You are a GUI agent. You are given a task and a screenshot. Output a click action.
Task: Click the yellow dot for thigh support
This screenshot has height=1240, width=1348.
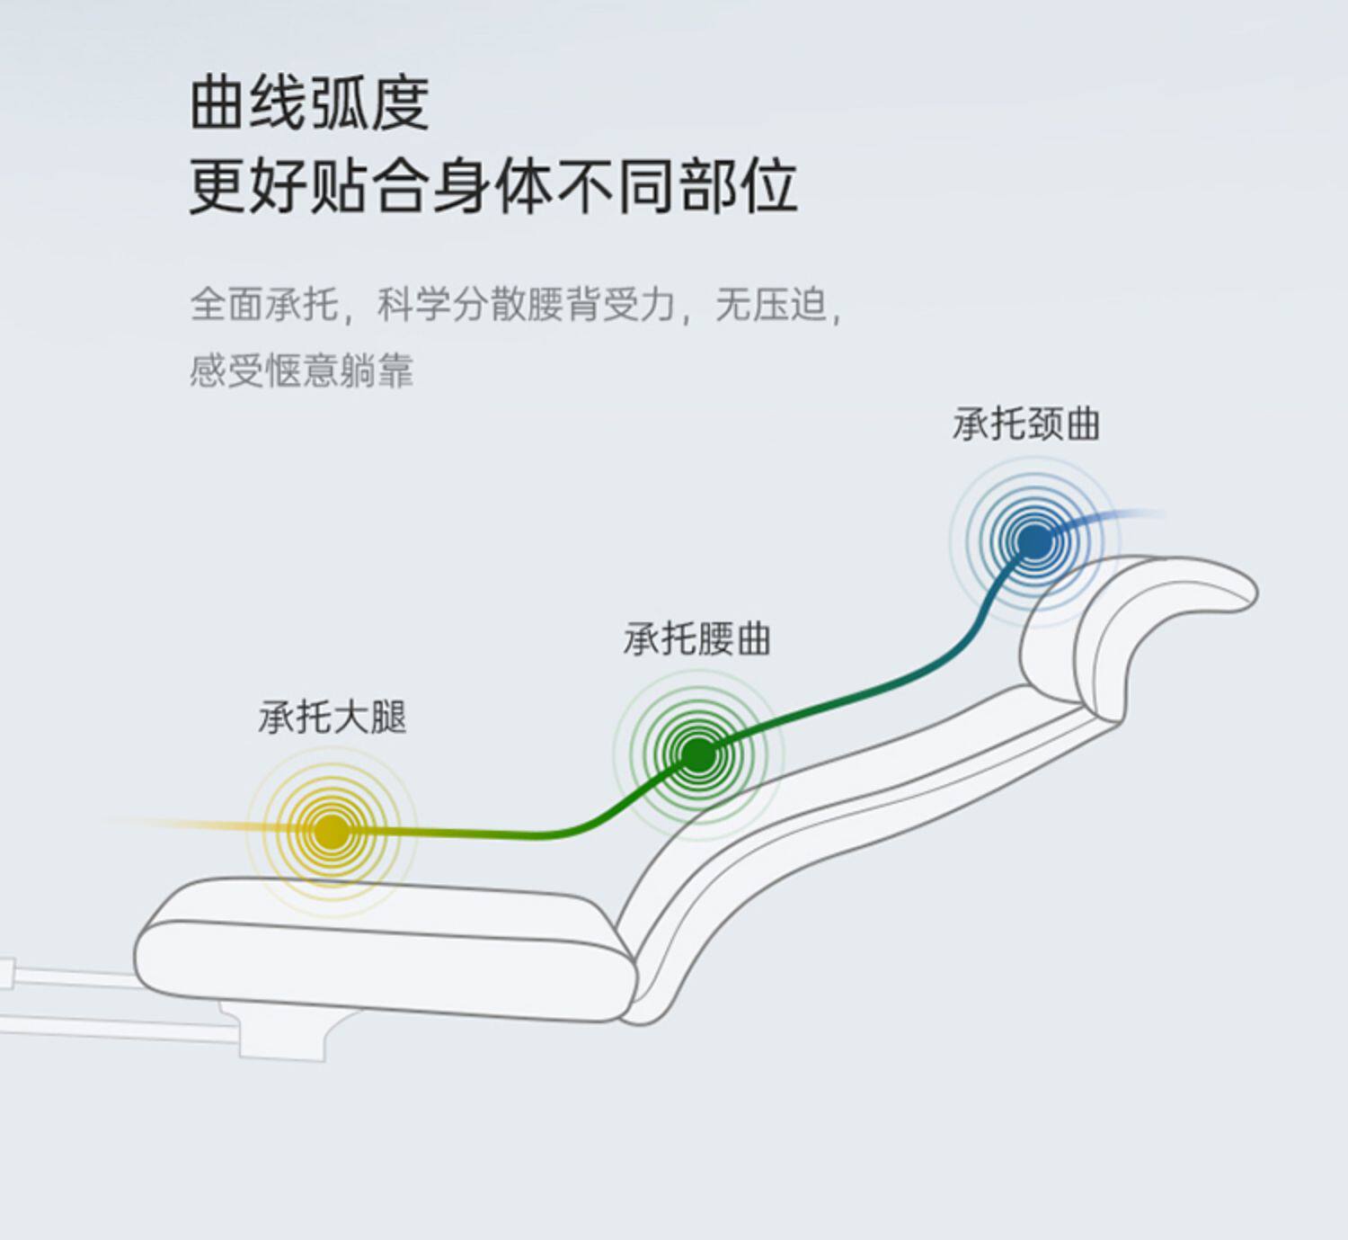(x=332, y=830)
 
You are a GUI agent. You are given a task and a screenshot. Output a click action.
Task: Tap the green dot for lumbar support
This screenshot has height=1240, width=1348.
(x=698, y=754)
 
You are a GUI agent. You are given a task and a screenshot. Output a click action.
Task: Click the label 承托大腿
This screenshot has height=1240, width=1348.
(x=333, y=718)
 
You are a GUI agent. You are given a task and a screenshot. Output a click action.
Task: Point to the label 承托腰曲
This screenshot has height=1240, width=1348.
(x=697, y=639)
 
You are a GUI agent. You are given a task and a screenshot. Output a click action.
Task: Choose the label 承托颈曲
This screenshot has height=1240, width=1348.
(x=1026, y=424)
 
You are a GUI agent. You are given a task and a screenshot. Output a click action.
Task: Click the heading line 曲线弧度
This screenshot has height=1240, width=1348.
(x=309, y=103)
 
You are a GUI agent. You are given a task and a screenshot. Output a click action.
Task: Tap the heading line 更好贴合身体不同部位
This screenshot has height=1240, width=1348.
(x=492, y=186)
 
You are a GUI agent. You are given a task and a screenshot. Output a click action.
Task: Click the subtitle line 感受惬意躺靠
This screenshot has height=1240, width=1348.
(x=301, y=370)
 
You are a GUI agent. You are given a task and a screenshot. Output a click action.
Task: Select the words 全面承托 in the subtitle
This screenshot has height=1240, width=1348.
(x=264, y=304)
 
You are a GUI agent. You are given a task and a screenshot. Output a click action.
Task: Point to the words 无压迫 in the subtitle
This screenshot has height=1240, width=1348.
(x=770, y=304)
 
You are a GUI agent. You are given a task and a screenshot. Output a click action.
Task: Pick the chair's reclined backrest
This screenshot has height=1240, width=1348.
(x=854, y=809)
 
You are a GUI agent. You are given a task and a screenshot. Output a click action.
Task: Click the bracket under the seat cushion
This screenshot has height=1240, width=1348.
(x=283, y=1034)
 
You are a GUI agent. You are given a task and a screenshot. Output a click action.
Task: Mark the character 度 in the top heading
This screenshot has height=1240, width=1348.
(x=400, y=103)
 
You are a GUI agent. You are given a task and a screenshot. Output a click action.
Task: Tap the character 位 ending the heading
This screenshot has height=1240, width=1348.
(x=769, y=186)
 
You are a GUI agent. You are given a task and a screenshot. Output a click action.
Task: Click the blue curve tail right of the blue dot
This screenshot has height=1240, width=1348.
(x=1119, y=520)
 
